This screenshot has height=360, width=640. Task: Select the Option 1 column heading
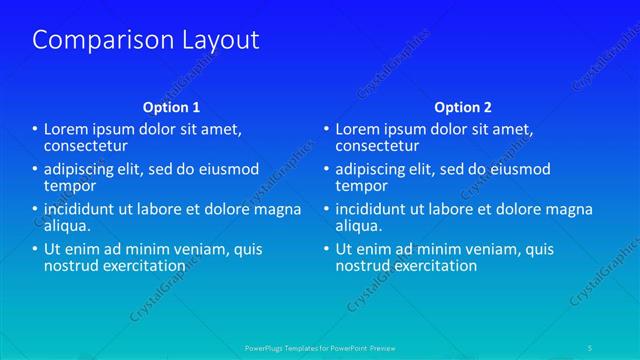coord(171,107)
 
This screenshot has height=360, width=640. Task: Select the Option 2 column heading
coord(463,107)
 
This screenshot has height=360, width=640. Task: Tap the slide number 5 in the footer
coord(590,348)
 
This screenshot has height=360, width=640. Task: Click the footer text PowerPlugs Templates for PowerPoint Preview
coord(319,348)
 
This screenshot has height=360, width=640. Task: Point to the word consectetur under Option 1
coord(85,146)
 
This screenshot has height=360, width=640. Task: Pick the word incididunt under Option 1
coord(81,209)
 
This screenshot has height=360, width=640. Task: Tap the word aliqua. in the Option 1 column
coord(67,227)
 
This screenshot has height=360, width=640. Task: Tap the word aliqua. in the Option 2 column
coord(359,227)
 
